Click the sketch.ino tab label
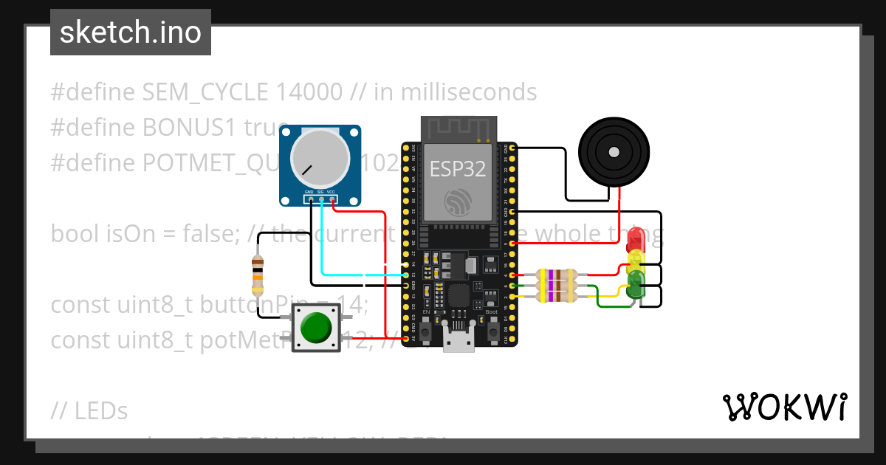pos(131,32)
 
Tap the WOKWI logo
pos(784,407)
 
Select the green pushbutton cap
pos(316,327)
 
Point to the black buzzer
pos(612,151)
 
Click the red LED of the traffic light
pos(636,239)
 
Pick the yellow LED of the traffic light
pos(636,258)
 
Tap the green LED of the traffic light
pos(636,281)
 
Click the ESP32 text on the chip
pos(458,169)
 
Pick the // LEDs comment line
pos(89,410)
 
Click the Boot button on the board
pos(492,323)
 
